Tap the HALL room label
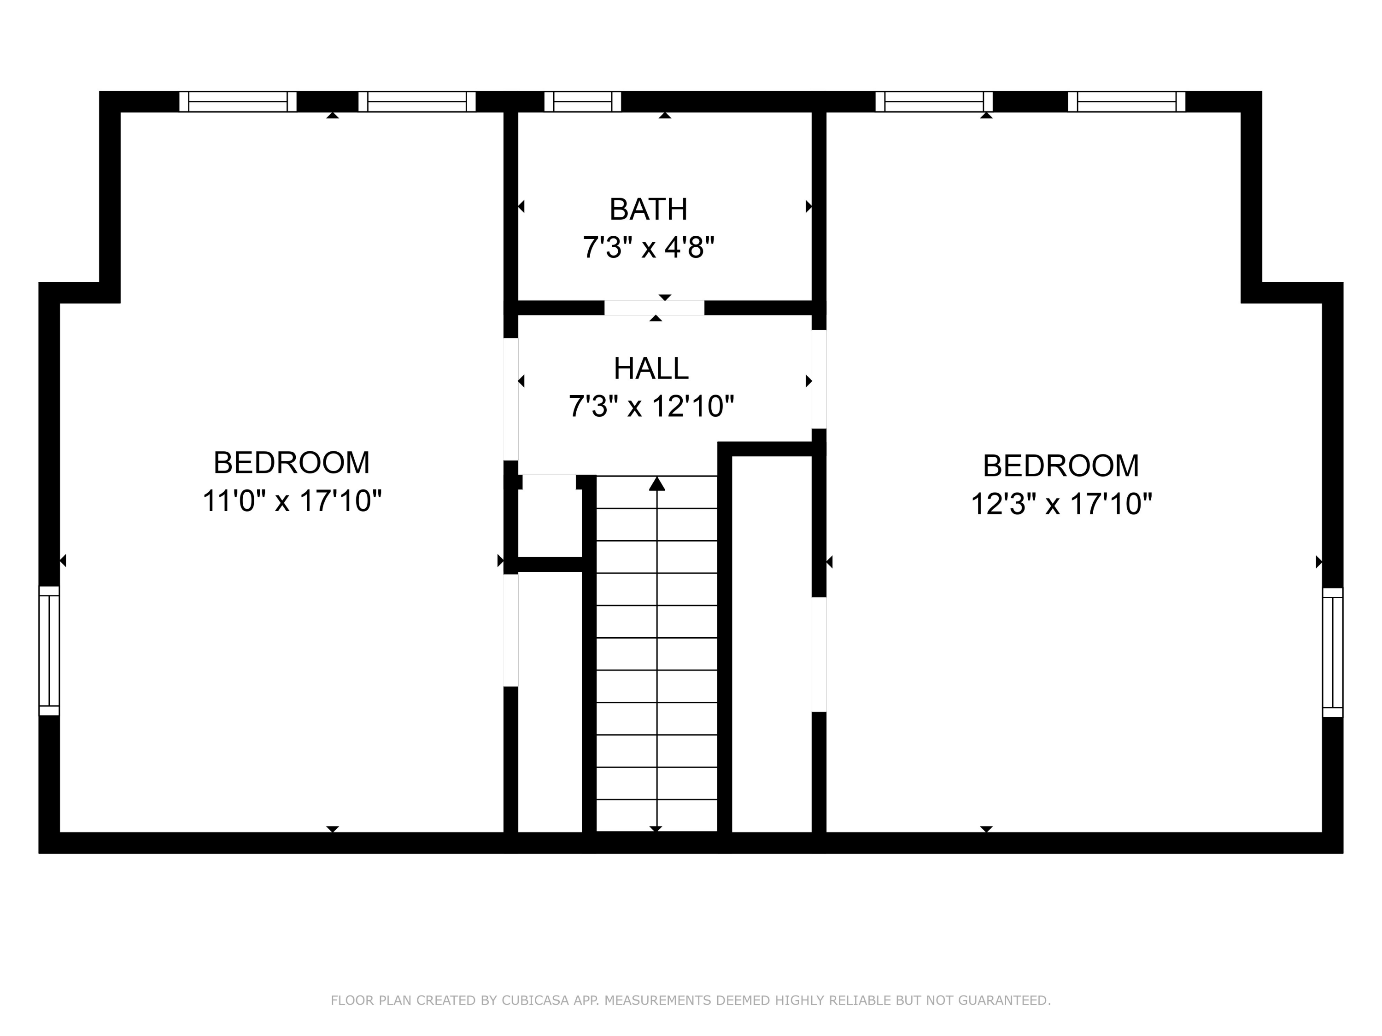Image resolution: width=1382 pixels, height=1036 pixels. tap(651, 368)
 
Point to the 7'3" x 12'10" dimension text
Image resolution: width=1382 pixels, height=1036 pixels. tap(651, 407)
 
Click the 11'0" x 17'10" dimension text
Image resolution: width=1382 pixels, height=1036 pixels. tap(292, 501)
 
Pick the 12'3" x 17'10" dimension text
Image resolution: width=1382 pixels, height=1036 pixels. tap(1061, 504)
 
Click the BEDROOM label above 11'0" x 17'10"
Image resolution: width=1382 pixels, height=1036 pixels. tap(292, 463)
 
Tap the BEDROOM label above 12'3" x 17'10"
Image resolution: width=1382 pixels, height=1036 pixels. tap(1061, 466)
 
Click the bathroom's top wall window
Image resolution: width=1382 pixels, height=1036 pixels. tap(582, 101)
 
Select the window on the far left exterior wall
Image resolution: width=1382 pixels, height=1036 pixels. tap(49, 650)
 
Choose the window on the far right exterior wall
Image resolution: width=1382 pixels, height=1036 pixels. tap(1332, 652)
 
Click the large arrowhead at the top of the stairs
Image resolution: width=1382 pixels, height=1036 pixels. tap(656, 484)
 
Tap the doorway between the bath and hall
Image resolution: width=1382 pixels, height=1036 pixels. tap(654, 308)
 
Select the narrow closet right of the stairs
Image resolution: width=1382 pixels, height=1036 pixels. tap(772, 643)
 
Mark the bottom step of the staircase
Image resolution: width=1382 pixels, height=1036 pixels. tap(656, 815)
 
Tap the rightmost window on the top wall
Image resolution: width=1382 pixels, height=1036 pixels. tap(1126, 101)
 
